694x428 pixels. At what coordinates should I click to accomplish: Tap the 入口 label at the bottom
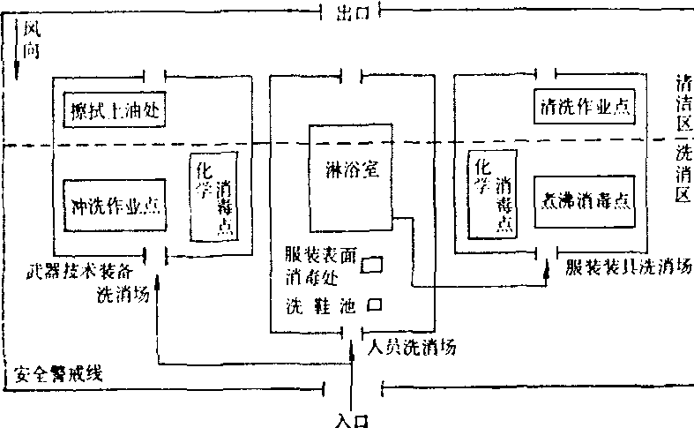click(x=350, y=418)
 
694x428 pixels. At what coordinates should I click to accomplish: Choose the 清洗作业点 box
click(x=584, y=106)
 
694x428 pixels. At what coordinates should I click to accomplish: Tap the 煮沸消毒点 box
click(x=584, y=199)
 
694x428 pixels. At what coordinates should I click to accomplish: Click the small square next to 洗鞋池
click(x=374, y=305)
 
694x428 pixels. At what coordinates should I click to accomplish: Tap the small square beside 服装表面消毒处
click(x=374, y=263)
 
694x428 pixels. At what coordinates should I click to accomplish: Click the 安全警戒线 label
click(x=55, y=374)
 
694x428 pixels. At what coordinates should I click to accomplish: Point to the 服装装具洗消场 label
click(x=625, y=265)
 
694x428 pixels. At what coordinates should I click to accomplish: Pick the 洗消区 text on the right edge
click(x=681, y=176)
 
